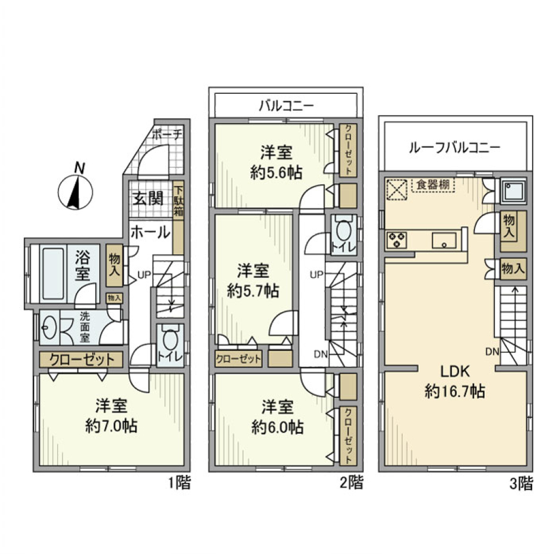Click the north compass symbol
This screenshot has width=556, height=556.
click(76, 191)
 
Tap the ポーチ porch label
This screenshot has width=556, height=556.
click(167, 134)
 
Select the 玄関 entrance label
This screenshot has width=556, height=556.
click(149, 199)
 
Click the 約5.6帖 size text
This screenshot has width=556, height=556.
click(276, 172)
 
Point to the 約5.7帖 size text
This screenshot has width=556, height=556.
click(253, 291)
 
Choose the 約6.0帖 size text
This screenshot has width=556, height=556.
click(277, 427)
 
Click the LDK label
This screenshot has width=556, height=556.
click(455, 371)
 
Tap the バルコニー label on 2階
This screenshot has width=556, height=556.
click(286, 106)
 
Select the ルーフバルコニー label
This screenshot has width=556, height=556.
click(455, 147)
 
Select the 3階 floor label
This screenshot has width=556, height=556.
click(518, 483)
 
